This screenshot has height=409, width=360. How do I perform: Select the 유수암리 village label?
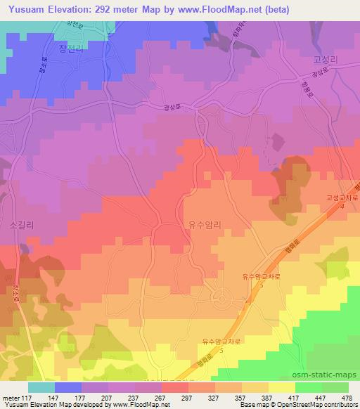(205, 226)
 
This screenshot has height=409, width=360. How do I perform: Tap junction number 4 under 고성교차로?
(342, 208)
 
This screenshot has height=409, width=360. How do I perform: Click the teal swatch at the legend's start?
(41, 387)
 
